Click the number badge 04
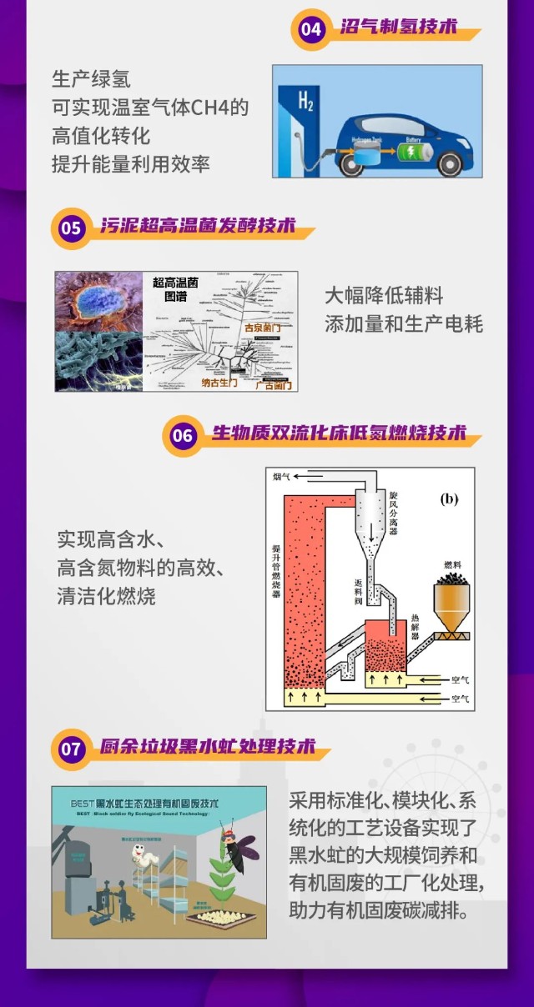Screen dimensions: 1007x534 pos(310,30)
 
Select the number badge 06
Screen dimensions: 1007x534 pos(182,436)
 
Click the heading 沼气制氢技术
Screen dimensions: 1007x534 pos(399,28)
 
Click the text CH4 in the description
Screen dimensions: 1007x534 pos(218,108)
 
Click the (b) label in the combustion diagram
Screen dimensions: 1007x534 pos(449,499)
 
